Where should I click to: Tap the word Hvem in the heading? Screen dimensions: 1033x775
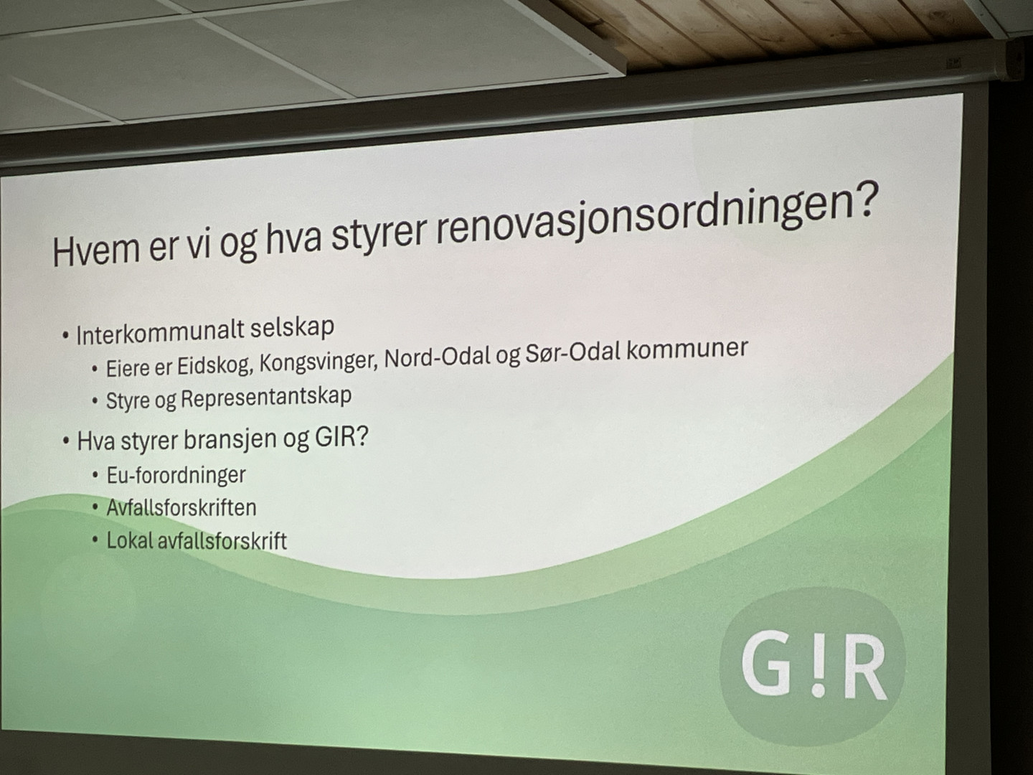pos(95,251)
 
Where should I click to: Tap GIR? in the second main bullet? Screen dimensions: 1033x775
pos(341,438)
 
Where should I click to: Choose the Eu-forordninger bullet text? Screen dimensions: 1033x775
pos(176,475)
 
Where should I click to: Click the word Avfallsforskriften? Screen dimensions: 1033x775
pos(181,508)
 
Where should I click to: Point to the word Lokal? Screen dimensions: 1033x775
pos(130,540)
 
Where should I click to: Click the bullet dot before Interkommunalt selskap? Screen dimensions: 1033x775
pos(65,337)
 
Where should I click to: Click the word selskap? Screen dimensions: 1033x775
pos(292,329)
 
